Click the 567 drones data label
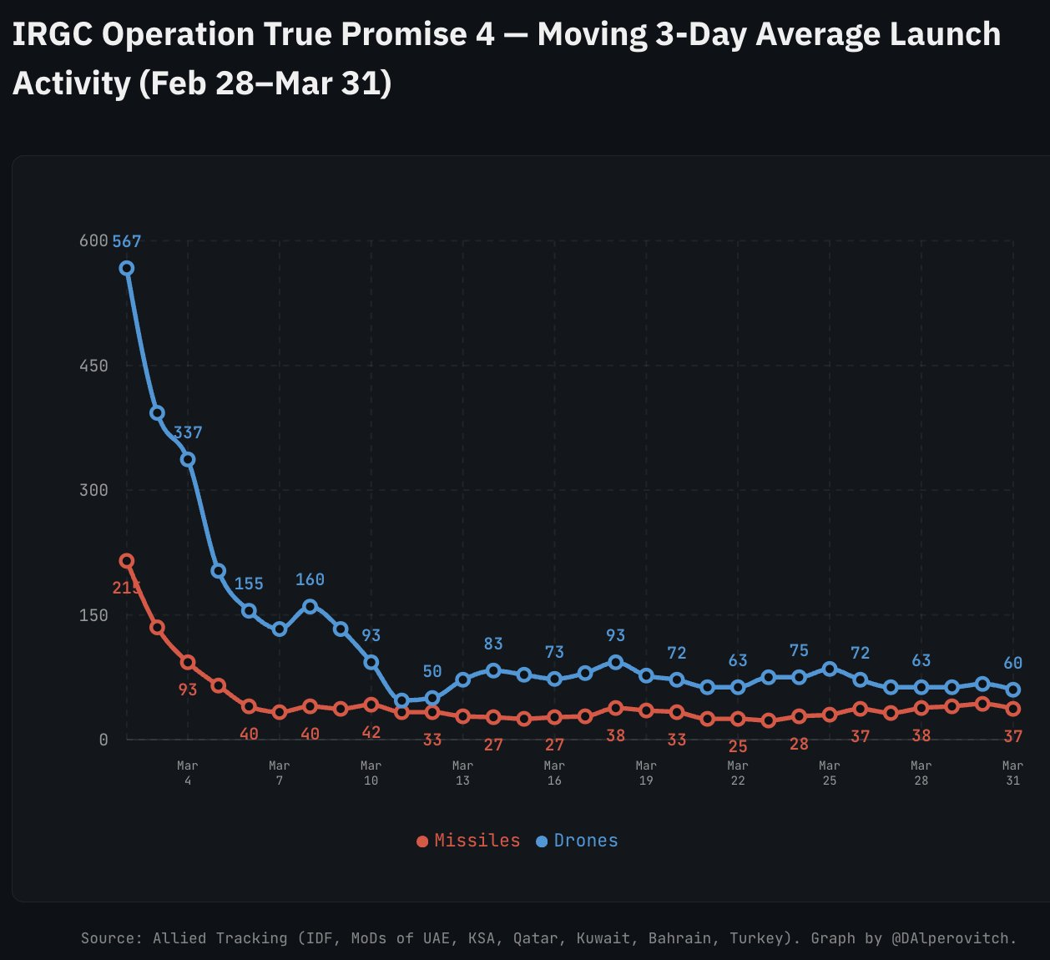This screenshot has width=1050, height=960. click(127, 241)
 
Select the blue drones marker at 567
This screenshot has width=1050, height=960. click(127, 268)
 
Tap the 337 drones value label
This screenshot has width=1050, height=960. click(188, 432)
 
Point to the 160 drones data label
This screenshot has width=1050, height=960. click(310, 579)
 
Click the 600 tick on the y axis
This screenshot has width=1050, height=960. click(93, 241)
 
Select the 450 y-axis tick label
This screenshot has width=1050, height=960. click(93, 366)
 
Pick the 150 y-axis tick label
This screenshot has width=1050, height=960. click(93, 615)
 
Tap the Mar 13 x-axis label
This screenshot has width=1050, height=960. click(462, 773)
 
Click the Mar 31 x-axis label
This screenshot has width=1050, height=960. click(1012, 773)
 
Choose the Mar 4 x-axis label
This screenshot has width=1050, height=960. click(188, 773)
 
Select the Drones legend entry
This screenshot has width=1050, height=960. click(578, 841)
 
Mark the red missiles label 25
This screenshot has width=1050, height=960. click(738, 746)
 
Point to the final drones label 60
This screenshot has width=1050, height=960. click(1012, 663)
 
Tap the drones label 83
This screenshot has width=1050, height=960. click(493, 644)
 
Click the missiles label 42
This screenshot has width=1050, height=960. click(371, 732)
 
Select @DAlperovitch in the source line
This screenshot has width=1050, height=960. click(953, 938)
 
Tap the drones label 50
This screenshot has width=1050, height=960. click(432, 671)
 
